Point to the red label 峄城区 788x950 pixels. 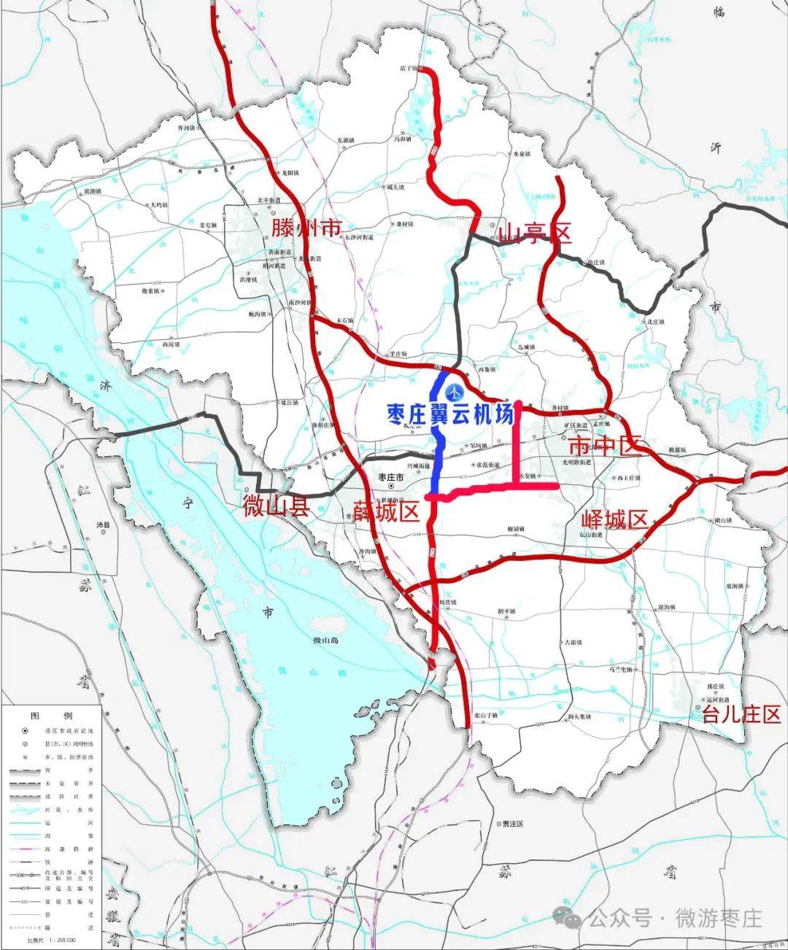click(614, 520)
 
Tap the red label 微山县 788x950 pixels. click(277, 507)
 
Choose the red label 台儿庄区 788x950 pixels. click(741, 714)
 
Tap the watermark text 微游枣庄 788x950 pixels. click(719, 917)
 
